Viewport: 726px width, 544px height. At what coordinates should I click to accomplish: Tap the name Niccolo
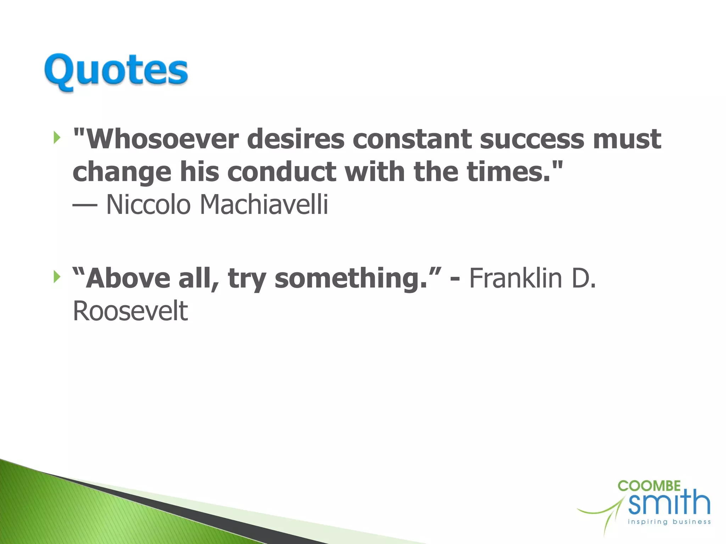pos(148,205)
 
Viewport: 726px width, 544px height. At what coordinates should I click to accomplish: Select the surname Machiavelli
pos(264,205)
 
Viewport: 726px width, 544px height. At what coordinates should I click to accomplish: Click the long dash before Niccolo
pos(85,205)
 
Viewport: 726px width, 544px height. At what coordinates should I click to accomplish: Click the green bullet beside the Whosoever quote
pos(56,137)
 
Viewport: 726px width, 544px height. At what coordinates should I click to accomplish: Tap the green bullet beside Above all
pos(56,277)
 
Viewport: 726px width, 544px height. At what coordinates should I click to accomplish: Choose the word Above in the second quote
pos(128,278)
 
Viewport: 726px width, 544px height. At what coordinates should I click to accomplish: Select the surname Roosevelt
pos(130,311)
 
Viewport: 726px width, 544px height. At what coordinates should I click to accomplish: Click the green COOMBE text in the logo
pos(649,486)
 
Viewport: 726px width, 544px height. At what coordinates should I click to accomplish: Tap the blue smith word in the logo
pos(669,503)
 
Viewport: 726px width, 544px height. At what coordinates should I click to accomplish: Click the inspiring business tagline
pos(669,522)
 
